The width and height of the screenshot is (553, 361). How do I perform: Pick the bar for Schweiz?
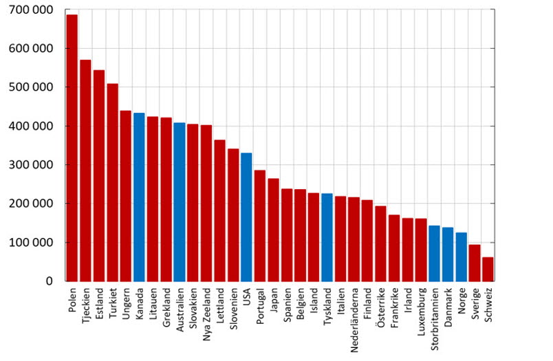[x=488, y=269]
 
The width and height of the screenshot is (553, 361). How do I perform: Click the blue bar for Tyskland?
[x=327, y=237]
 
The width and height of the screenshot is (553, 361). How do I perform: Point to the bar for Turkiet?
[x=112, y=182]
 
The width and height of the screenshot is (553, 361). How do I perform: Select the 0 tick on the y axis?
[x=49, y=281]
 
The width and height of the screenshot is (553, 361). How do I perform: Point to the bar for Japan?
[x=273, y=230]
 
